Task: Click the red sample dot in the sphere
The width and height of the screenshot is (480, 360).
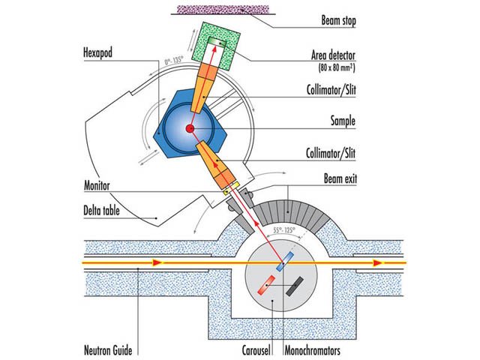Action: pos(190,130)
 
